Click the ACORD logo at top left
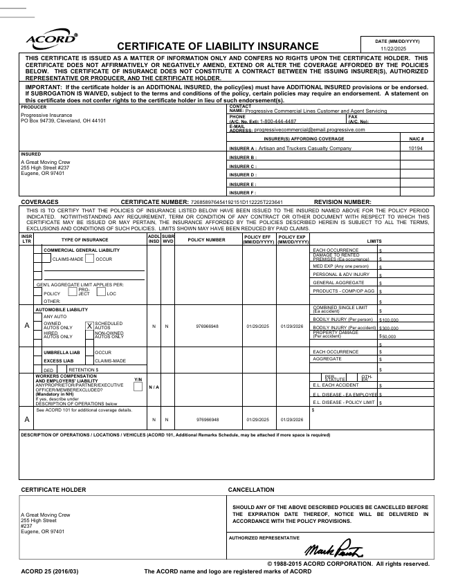51,39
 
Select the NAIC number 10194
415,148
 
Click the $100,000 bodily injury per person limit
390,320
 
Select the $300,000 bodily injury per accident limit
390,328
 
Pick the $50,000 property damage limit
388,336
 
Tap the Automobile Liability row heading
62,309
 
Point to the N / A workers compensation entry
154,387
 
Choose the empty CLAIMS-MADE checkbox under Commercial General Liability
47,259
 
